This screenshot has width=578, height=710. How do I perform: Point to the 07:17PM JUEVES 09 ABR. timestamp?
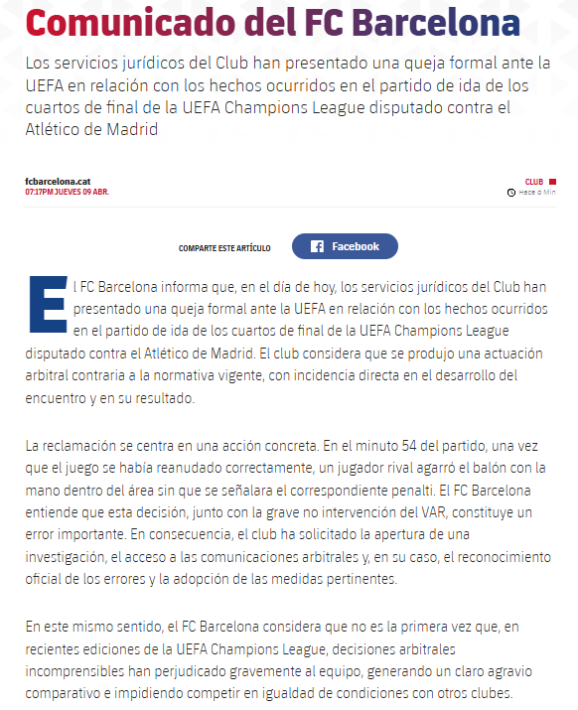tap(67, 192)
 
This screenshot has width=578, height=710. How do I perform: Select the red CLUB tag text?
tap(534, 182)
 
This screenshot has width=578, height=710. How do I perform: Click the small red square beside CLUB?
tap(552, 182)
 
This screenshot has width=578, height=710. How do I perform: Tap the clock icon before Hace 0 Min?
tap(510, 192)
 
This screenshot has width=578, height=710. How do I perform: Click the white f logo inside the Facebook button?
tap(317, 246)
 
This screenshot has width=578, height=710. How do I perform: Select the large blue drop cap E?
tap(47, 302)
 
